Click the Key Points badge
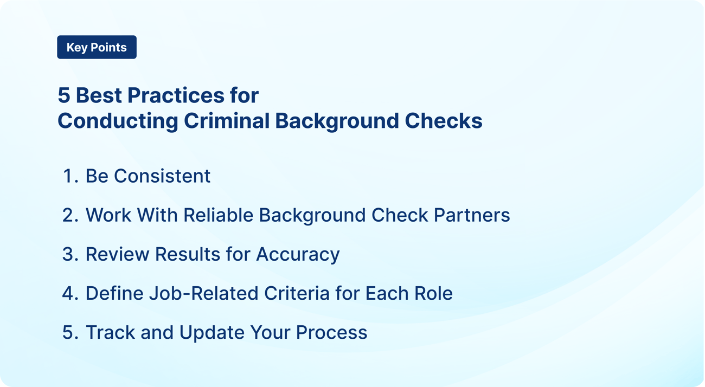[97, 47]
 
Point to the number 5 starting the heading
[64, 95]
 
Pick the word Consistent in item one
[162, 176]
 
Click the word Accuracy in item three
[298, 254]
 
